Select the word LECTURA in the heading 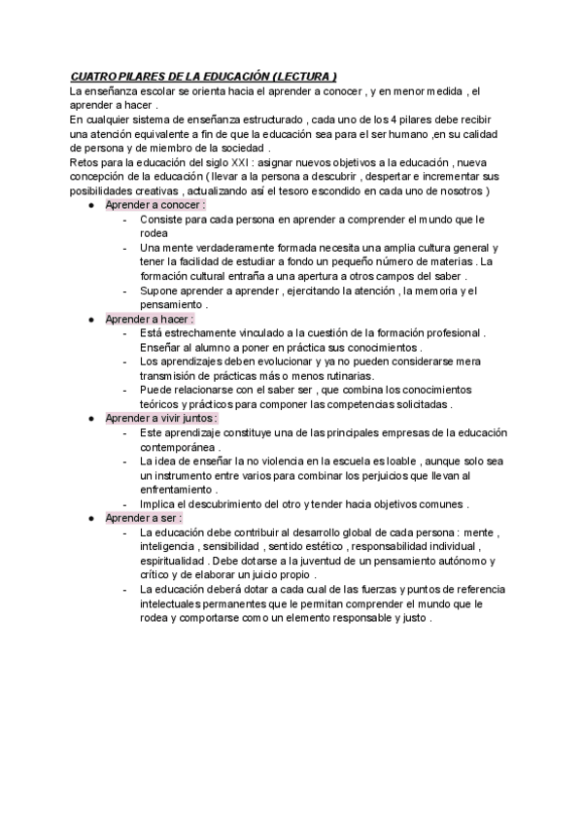[303, 76]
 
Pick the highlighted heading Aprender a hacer [150, 319]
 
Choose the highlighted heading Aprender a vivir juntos [161, 418]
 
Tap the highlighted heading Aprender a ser [143, 518]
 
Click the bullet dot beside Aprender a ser [90, 519]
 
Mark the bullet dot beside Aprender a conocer [90, 206]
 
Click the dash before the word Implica [125, 504]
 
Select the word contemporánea [177, 447]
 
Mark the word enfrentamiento [178, 490]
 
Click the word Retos [86, 161]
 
